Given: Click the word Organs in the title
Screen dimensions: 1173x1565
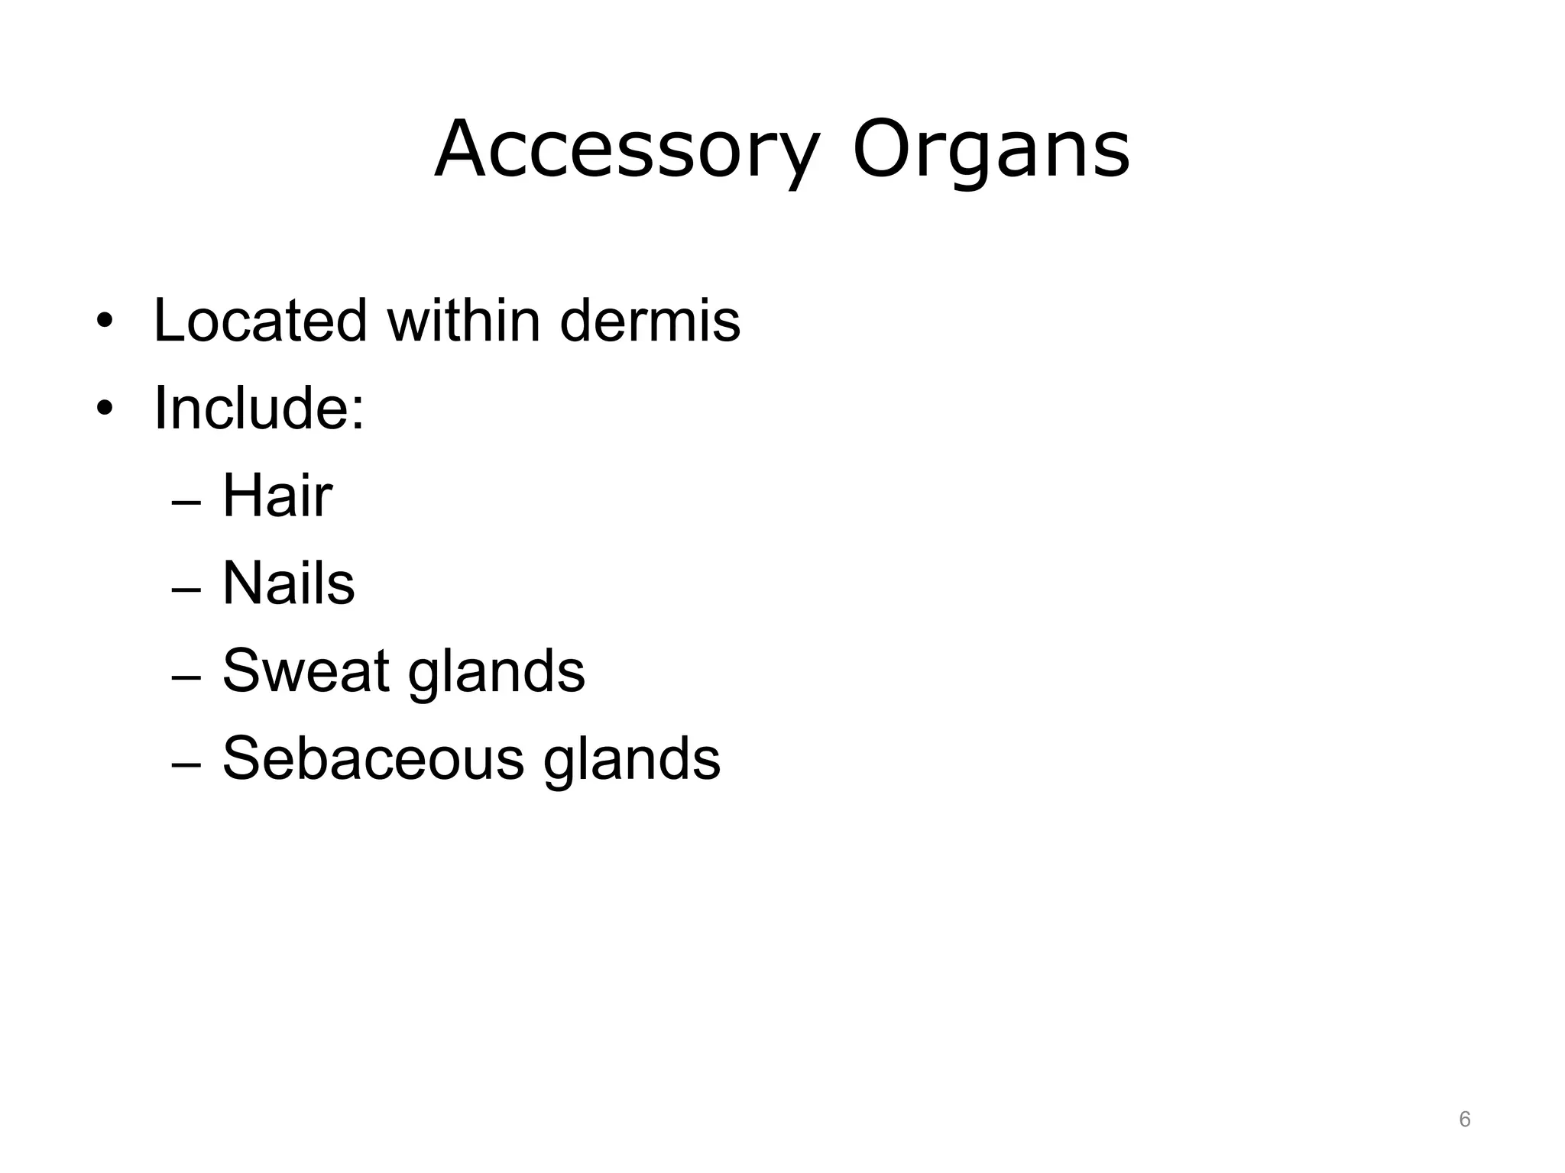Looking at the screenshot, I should tap(990, 150).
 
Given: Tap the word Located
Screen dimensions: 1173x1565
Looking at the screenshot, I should tap(261, 321).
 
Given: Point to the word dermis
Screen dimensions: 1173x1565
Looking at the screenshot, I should tap(650, 321).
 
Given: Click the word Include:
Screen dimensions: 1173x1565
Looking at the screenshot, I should tap(259, 409).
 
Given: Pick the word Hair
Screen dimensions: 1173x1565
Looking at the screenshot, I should tap(277, 496).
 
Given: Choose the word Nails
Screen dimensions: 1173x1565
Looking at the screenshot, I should tap(288, 584).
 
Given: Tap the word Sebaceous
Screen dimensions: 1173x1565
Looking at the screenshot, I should tap(373, 759).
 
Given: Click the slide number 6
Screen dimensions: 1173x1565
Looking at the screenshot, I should tap(1464, 1120).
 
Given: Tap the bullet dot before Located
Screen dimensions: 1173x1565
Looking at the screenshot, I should tap(105, 322).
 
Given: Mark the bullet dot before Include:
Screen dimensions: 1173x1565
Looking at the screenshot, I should tap(105, 409).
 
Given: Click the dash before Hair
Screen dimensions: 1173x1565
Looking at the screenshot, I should tap(186, 503).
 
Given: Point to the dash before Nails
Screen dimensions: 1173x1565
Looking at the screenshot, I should tap(186, 591).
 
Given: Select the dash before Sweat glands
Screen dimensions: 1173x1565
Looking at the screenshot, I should tap(186, 678).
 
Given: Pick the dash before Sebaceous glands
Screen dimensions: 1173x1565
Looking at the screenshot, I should tap(186, 765).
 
